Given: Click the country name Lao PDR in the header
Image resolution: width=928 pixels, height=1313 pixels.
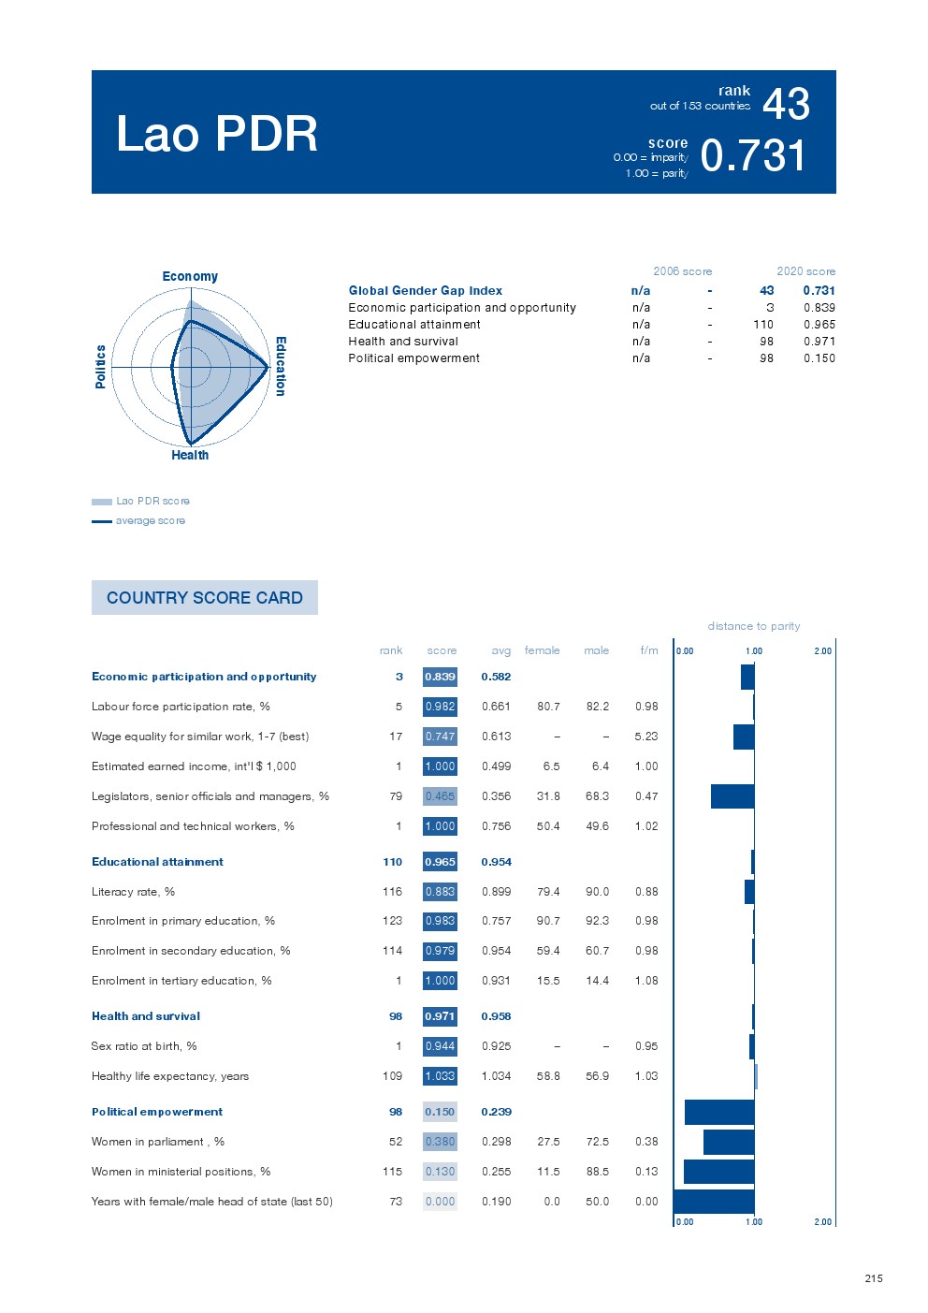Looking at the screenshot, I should [x=217, y=134].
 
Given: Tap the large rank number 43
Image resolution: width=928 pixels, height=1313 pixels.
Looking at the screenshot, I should [x=786, y=104].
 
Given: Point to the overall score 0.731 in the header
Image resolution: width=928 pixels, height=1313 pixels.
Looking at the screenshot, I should [x=753, y=156].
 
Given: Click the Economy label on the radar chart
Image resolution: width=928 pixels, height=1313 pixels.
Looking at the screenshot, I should [x=190, y=276].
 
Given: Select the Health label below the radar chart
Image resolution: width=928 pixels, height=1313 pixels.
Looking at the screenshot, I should [x=190, y=455].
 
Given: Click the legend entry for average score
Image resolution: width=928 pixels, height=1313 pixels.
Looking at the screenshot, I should [x=150, y=520].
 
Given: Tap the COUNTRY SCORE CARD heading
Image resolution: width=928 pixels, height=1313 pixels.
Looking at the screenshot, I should [x=205, y=598].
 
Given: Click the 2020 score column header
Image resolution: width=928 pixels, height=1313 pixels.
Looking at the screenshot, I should [x=805, y=271].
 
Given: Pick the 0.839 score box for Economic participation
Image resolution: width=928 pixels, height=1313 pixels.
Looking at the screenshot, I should [x=440, y=677].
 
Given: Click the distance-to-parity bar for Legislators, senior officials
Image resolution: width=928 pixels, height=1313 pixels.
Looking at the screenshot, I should [x=732, y=796].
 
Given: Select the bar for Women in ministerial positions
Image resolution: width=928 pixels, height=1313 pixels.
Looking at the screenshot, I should [x=718, y=1172].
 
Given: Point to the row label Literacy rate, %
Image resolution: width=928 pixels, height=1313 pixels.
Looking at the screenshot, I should [x=133, y=892].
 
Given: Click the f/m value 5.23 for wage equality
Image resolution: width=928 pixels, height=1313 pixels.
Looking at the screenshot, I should [x=645, y=737].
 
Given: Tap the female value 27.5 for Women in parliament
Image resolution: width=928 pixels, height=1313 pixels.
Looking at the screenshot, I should [x=548, y=1142].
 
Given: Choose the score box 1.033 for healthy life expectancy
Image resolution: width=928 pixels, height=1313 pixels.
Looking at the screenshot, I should [x=440, y=1076].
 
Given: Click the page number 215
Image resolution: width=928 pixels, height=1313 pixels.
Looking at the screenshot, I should [x=874, y=1278].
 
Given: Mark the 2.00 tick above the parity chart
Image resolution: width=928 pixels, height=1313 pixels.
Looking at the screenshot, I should [x=822, y=651].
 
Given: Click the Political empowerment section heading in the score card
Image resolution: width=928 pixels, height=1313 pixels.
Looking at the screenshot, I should [x=157, y=1112].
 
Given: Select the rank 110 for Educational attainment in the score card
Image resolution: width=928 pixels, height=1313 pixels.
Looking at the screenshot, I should [x=392, y=862].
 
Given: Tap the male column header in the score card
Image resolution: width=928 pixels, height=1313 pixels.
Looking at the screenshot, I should [x=596, y=650].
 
